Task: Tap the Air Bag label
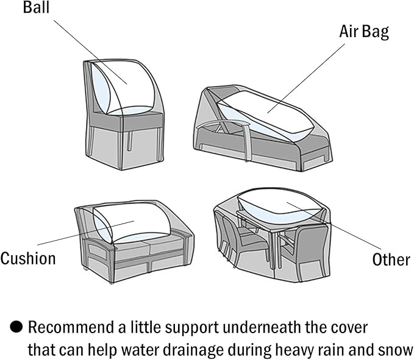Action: pos(363,32)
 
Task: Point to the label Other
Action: pos(391,259)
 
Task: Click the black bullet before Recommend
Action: pos(16,327)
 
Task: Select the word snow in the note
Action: pos(394,350)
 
